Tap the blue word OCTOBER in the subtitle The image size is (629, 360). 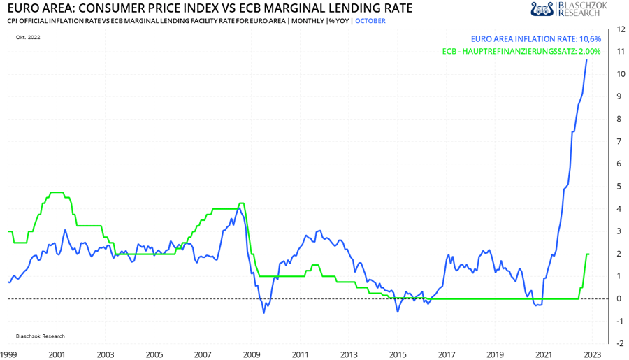[x=370, y=21]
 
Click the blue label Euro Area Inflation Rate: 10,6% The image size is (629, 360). [x=536, y=39]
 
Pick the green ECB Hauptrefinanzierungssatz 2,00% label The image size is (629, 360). [x=521, y=51]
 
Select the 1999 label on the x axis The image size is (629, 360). [x=8, y=354]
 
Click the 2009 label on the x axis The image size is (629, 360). [x=251, y=354]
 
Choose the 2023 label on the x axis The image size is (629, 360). [x=592, y=354]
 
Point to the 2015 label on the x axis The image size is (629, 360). [x=397, y=354]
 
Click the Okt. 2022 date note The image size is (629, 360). [x=28, y=37]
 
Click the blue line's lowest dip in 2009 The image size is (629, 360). [x=264, y=312]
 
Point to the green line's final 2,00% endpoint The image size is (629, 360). [x=588, y=254]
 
